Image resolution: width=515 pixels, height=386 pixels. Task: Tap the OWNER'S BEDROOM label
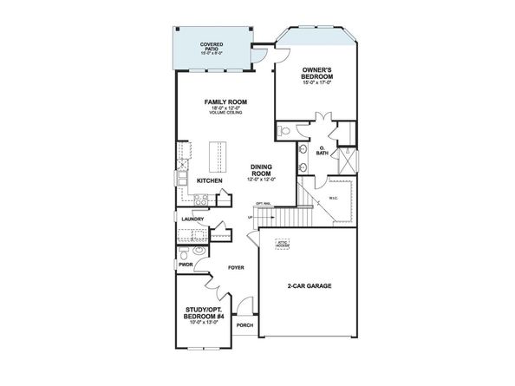point(318,73)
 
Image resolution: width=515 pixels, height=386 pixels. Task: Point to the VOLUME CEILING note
point(222,114)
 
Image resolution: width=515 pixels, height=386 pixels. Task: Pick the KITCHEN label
point(210,180)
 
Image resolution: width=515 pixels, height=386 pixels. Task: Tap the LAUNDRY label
point(192,219)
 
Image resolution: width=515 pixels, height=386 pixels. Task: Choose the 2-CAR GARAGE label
point(309,285)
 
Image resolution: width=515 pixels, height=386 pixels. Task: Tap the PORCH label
point(245,326)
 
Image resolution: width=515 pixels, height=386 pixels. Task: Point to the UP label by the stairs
point(251,217)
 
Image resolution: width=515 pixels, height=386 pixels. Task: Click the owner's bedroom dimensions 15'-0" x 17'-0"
point(318,84)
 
